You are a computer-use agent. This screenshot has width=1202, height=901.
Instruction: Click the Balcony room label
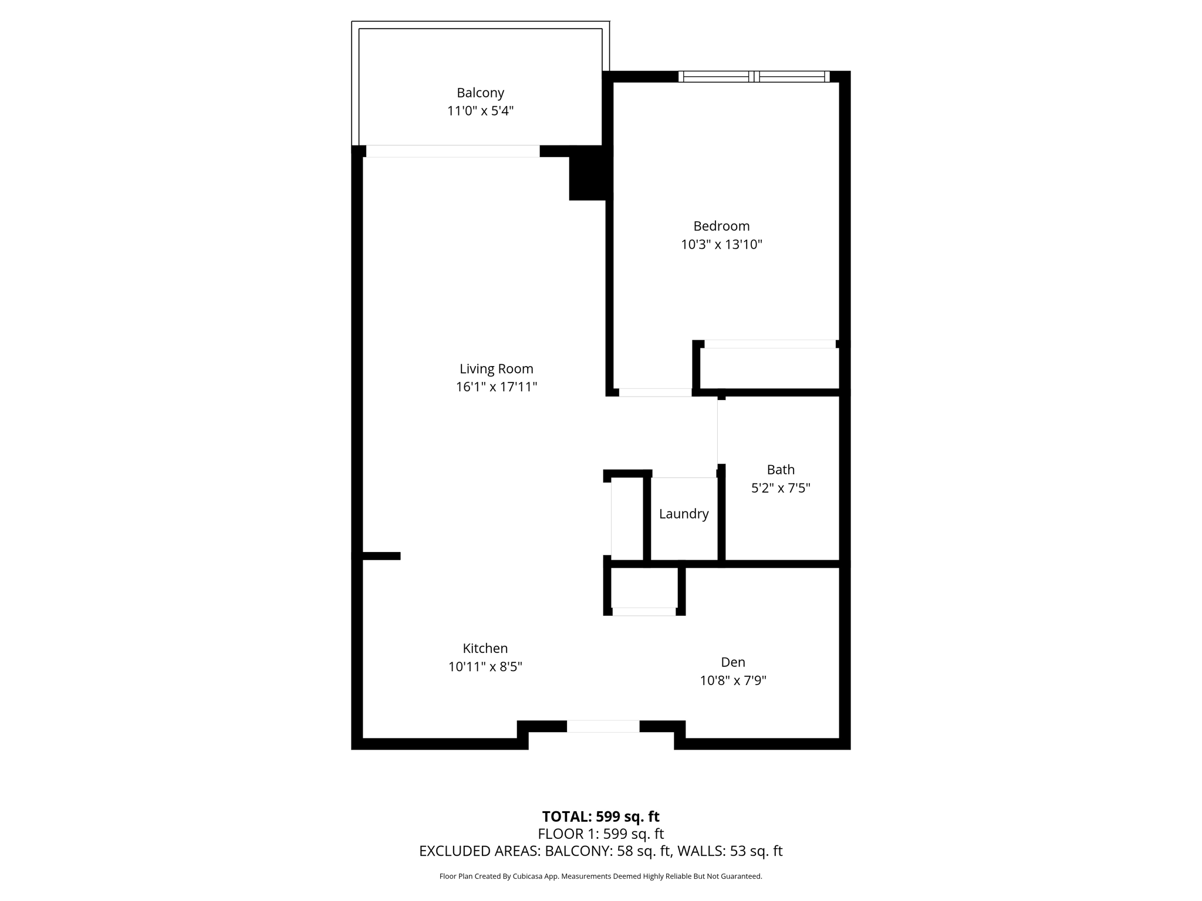pos(480,93)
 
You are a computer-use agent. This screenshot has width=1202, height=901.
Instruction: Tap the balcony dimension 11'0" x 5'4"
pos(480,111)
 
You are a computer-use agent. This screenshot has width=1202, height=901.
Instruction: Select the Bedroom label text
pos(721,226)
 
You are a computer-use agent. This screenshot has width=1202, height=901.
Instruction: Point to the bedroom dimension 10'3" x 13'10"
pos(721,245)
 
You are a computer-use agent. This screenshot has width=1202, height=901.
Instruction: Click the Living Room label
pos(497,369)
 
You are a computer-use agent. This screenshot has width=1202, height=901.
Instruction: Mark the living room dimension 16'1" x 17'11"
pos(497,387)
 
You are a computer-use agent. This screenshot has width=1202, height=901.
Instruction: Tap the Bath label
pos(781,469)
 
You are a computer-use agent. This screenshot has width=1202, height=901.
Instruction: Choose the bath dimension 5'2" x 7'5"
pos(781,488)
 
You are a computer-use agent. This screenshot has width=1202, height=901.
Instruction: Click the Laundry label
pos(684,514)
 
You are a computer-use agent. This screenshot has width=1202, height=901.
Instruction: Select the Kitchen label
pos(485,648)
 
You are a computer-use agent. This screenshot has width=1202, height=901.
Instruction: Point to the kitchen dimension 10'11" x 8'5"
pos(485,667)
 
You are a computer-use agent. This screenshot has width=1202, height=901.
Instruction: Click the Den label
pos(733,662)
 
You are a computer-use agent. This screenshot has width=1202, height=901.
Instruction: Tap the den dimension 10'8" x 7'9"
pos(733,680)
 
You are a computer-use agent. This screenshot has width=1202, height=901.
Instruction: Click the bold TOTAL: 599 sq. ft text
pos(601,817)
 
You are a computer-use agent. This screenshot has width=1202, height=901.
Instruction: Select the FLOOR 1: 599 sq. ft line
pos(601,834)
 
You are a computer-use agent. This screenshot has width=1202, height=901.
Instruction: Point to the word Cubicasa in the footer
pos(526,876)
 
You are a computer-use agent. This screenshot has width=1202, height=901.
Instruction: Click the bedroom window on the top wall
pos(754,76)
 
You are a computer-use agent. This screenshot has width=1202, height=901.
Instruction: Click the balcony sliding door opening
pos(453,151)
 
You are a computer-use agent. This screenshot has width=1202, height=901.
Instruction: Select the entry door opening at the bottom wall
pos(603,726)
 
